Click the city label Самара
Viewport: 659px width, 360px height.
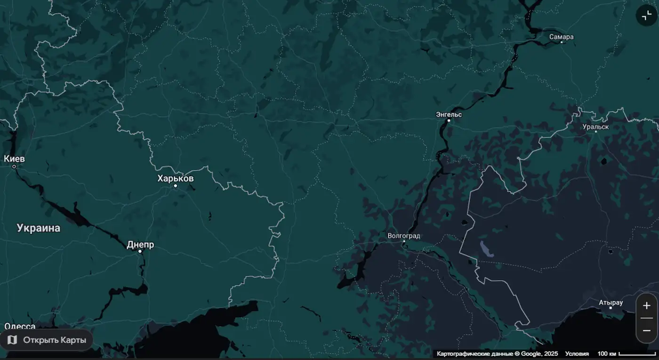[x=562, y=37]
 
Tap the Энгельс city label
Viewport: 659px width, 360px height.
[x=449, y=114]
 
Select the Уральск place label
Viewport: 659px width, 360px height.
[x=595, y=127]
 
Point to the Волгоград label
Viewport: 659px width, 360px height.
[x=404, y=236]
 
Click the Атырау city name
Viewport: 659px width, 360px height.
[x=611, y=303]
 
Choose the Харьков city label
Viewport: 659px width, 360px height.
[x=176, y=178]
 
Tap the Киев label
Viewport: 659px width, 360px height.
[x=14, y=159]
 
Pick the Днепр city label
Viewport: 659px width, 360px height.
[x=140, y=245]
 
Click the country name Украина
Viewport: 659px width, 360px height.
[x=39, y=228]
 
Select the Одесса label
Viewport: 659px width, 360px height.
[x=20, y=326]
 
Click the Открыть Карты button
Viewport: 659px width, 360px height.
[x=47, y=340]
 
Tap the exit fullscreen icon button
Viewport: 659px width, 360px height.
[x=646, y=16]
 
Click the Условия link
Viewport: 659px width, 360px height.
[x=577, y=353]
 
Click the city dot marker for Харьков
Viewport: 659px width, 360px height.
[x=176, y=186]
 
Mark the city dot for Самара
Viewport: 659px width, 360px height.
[x=562, y=42]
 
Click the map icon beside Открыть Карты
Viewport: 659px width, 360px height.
[x=12, y=340]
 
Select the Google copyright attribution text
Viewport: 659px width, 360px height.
[x=497, y=353]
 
